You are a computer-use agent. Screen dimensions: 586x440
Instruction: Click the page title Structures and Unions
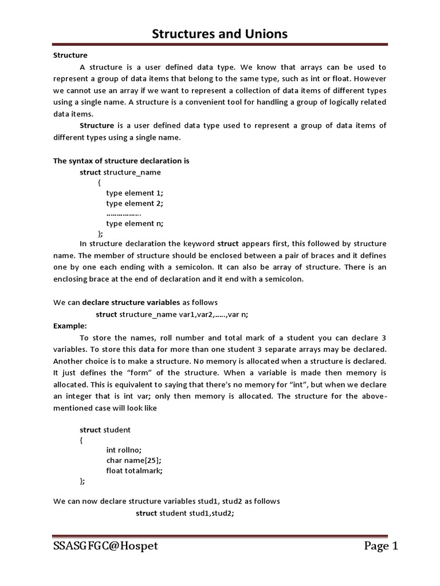[219, 35]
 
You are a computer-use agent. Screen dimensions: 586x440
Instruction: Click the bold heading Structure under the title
[70, 56]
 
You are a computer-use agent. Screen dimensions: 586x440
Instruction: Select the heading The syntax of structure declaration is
[121, 161]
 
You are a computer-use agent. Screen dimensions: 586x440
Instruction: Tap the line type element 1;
[135, 193]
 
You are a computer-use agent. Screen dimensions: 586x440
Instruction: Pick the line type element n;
[135, 224]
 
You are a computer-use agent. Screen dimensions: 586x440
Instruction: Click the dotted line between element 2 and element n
[124, 213]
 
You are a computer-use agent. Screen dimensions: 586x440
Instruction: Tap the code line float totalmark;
[135, 470]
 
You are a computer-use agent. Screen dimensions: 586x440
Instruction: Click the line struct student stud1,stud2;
[185, 513]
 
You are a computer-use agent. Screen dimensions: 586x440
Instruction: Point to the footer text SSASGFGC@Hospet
[105, 546]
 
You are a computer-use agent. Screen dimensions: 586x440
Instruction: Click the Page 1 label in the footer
[380, 546]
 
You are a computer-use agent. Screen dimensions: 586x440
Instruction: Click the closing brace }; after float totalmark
[82, 481]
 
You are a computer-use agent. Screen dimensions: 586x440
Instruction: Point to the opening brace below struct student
[81, 439]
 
